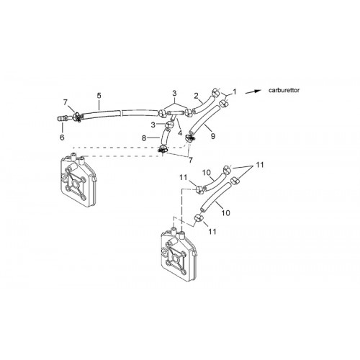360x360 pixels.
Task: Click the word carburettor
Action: click(x=284, y=91)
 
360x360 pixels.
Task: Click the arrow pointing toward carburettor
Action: click(x=253, y=91)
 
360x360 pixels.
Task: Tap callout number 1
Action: click(x=235, y=91)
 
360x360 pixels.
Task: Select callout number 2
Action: click(x=197, y=96)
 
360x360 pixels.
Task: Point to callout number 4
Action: click(x=180, y=132)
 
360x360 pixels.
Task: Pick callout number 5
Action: click(x=99, y=96)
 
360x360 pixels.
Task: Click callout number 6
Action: click(x=62, y=138)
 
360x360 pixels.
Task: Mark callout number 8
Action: click(x=144, y=138)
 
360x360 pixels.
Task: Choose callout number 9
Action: click(x=213, y=136)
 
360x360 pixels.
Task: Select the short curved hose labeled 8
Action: click(x=164, y=138)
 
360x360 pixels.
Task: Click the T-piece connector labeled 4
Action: click(x=174, y=114)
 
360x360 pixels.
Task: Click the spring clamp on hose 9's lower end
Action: click(x=189, y=138)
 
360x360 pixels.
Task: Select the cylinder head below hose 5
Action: click(x=78, y=179)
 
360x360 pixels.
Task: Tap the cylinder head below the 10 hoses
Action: click(x=179, y=254)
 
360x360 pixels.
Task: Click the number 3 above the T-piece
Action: click(x=174, y=93)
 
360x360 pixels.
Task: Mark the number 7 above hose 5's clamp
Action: click(x=66, y=102)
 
